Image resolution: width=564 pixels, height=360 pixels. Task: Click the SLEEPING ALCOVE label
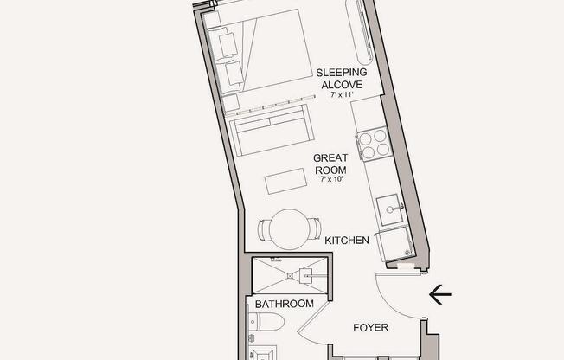(341, 78)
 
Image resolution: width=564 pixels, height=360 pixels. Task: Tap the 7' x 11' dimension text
(342, 95)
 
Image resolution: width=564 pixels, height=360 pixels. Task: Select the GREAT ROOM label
(330, 164)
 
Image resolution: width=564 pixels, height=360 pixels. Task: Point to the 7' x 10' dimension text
(331, 180)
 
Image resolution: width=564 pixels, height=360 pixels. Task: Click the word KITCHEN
(347, 240)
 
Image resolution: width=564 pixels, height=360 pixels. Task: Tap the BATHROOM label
(284, 304)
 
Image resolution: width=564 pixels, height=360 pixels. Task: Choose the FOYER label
(371, 328)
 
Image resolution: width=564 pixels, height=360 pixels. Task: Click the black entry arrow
(439, 295)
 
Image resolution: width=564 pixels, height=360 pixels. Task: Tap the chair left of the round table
(264, 230)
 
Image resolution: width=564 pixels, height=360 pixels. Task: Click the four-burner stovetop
(373, 144)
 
